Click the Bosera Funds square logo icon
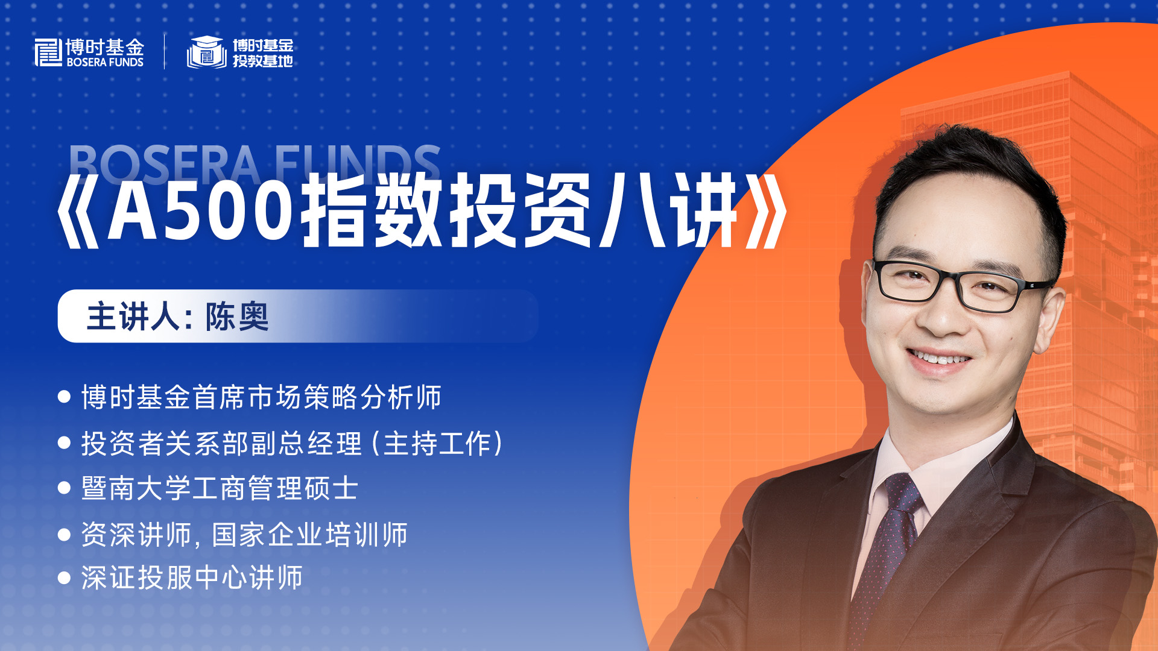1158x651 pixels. [x=48, y=52]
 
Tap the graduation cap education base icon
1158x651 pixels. [x=207, y=52]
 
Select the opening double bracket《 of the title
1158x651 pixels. [x=78, y=210]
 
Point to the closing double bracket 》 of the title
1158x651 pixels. [x=766, y=210]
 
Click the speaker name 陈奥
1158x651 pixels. [x=237, y=316]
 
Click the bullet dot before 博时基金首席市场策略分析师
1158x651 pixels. [x=64, y=397]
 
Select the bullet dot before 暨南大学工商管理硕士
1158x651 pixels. [x=64, y=488]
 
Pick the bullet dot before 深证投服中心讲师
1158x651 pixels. [x=64, y=578]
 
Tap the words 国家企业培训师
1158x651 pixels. [x=310, y=535]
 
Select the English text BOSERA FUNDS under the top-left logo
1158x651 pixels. [x=105, y=62]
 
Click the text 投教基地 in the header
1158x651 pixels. [x=263, y=61]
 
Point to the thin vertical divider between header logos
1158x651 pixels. [x=165, y=52]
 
